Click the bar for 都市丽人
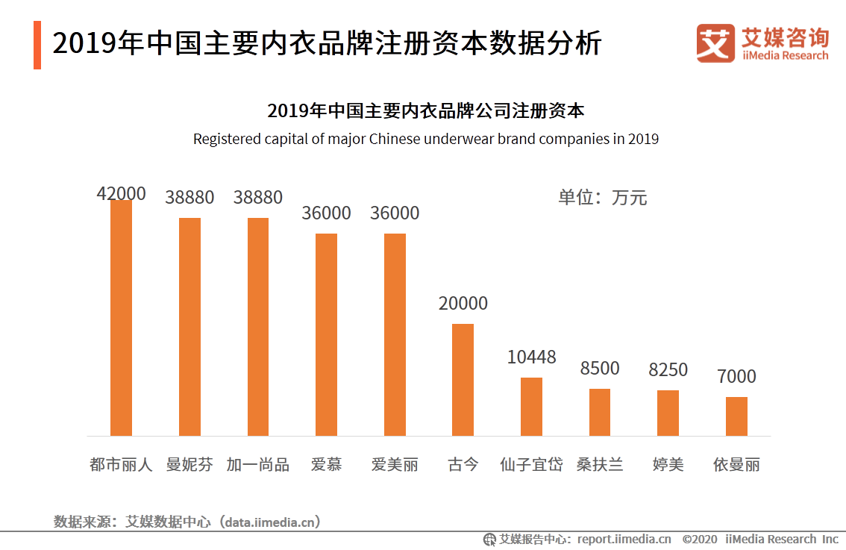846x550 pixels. click(121, 318)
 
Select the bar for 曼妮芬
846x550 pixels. click(189, 327)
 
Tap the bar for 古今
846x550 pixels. click(463, 380)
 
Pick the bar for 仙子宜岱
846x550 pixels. click(531, 407)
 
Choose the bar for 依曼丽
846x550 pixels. click(736, 416)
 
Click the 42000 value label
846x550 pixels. click(121, 193)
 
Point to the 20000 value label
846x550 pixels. click(463, 304)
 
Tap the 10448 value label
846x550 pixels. click(531, 357)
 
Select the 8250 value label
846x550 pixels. click(668, 370)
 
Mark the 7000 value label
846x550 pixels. click(736, 377)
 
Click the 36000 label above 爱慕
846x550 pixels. click(326, 213)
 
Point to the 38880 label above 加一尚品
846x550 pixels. click(258, 198)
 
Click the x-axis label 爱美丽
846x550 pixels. click(395, 465)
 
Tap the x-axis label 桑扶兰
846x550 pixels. click(600, 465)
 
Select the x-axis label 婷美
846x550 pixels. click(668, 465)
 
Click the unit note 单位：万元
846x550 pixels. click(602, 198)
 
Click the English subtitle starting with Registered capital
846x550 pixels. click(425, 139)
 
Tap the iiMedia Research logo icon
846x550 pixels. click(715, 43)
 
